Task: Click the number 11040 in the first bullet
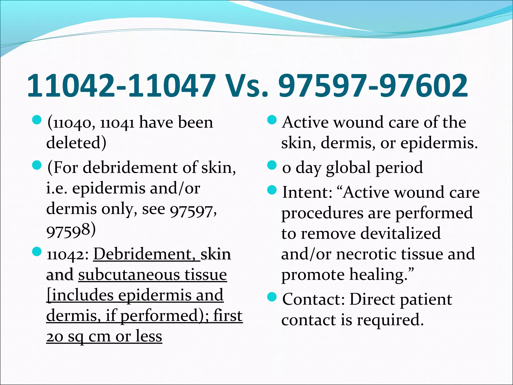[73, 123]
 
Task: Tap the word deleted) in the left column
[76, 143]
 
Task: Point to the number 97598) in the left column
[71, 230]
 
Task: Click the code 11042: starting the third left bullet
[68, 255]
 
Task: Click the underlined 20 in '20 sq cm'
[55, 337]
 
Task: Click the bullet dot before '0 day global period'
[272, 165]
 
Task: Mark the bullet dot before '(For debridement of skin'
[37, 165]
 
